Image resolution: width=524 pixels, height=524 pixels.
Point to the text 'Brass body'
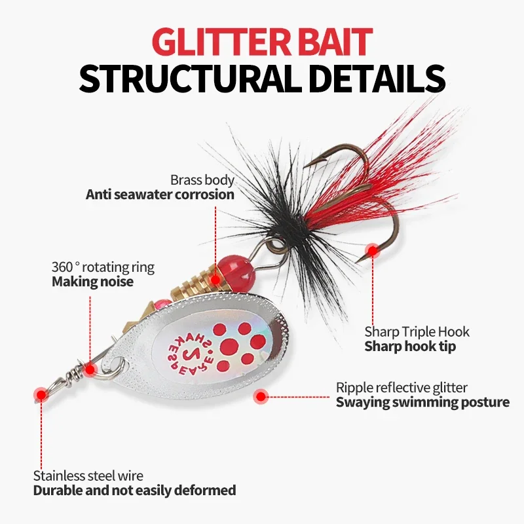tap(202, 179)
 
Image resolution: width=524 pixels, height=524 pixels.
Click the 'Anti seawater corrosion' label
tap(160, 195)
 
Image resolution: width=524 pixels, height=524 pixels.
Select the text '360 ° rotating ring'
tap(103, 267)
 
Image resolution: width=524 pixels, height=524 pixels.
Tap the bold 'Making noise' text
tap(92, 282)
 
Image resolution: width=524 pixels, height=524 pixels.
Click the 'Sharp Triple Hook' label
tap(417, 331)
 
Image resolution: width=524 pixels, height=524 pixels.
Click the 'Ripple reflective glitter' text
tap(402, 388)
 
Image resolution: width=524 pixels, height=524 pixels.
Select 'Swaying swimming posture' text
tap(422, 402)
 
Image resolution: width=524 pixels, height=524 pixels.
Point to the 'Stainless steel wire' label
tap(88, 476)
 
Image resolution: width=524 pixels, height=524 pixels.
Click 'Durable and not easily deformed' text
tap(134, 491)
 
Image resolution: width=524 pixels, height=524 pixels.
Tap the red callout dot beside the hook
tap(373, 250)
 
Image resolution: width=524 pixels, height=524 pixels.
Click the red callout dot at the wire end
tap(41, 394)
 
